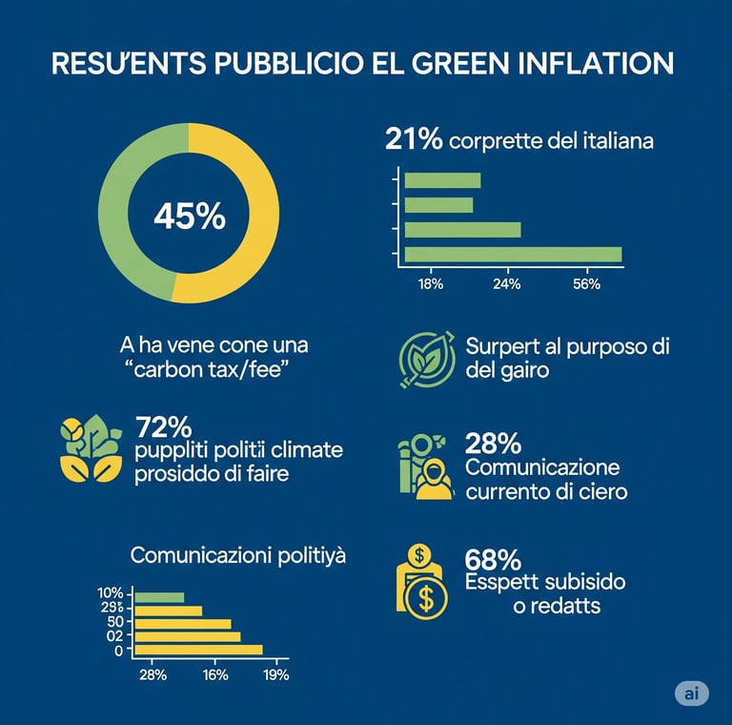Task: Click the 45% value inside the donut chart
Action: pos(189,217)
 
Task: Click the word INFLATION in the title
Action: pos(593,64)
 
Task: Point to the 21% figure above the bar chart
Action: pos(414,139)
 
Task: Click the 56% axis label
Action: pos(586,284)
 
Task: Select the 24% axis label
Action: pos(506,284)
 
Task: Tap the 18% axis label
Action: pos(432,284)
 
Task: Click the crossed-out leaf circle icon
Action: pos(424,359)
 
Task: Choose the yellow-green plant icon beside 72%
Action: pos(91,447)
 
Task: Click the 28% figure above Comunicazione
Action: pos(492,444)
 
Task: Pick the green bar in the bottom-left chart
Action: pos(159,598)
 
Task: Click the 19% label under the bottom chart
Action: pos(274,674)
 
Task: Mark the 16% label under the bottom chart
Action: pos(215,674)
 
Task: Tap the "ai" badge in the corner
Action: pos(691,694)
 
